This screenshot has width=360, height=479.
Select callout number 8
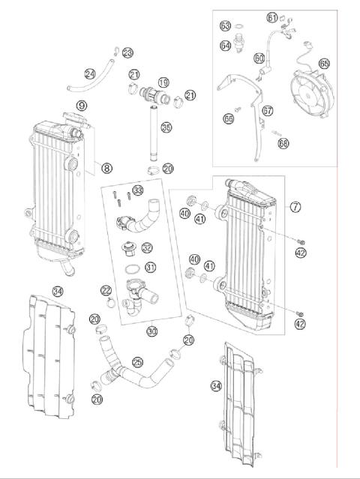click(x=107, y=169)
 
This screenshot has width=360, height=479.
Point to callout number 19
click(x=163, y=82)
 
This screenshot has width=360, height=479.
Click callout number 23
click(x=127, y=52)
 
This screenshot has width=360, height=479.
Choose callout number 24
click(x=90, y=73)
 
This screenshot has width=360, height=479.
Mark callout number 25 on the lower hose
click(x=137, y=361)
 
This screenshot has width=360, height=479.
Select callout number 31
click(x=151, y=268)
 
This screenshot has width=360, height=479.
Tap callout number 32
click(x=147, y=248)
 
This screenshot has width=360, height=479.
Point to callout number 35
click(x=166, y=128)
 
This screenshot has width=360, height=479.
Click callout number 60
click(x=259, y=57)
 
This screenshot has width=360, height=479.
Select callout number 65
click(x=324, y=64)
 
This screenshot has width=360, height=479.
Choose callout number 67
click(x=268, y=110)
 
